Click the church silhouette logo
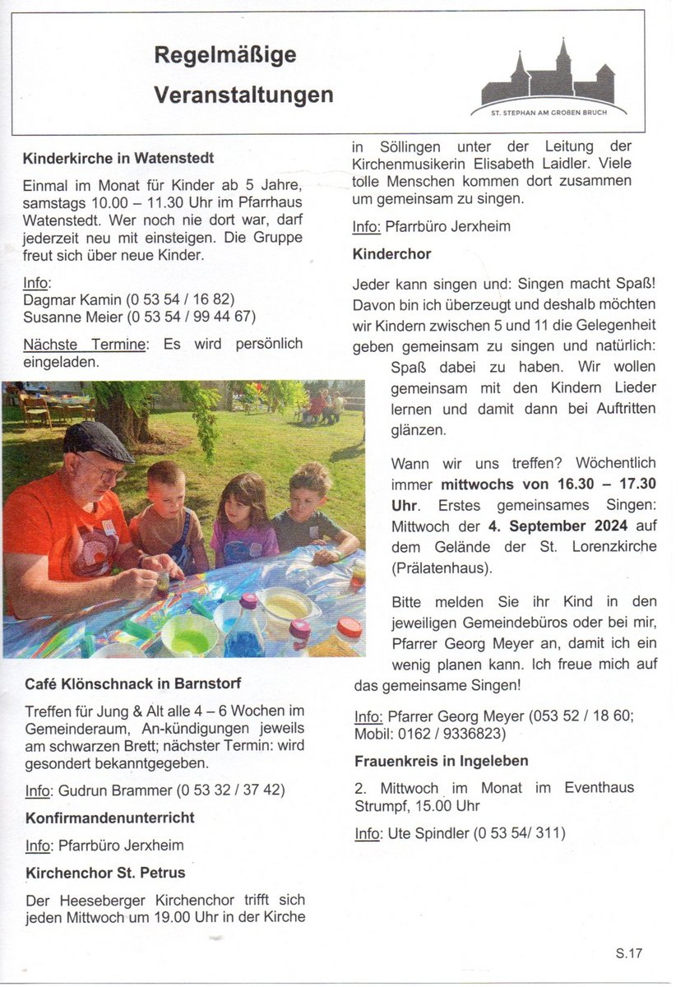click(x=549, y=78)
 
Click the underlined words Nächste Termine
click(x=85, y=344)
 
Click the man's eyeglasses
click(x=102, y=471)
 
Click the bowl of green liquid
click(x=189, y=634)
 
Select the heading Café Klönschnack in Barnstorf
click(x=132, y=683)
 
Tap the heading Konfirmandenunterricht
click(x=110, y=818)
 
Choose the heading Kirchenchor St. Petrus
click(x=105, y=872)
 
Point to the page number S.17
click(x=629, y=953)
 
